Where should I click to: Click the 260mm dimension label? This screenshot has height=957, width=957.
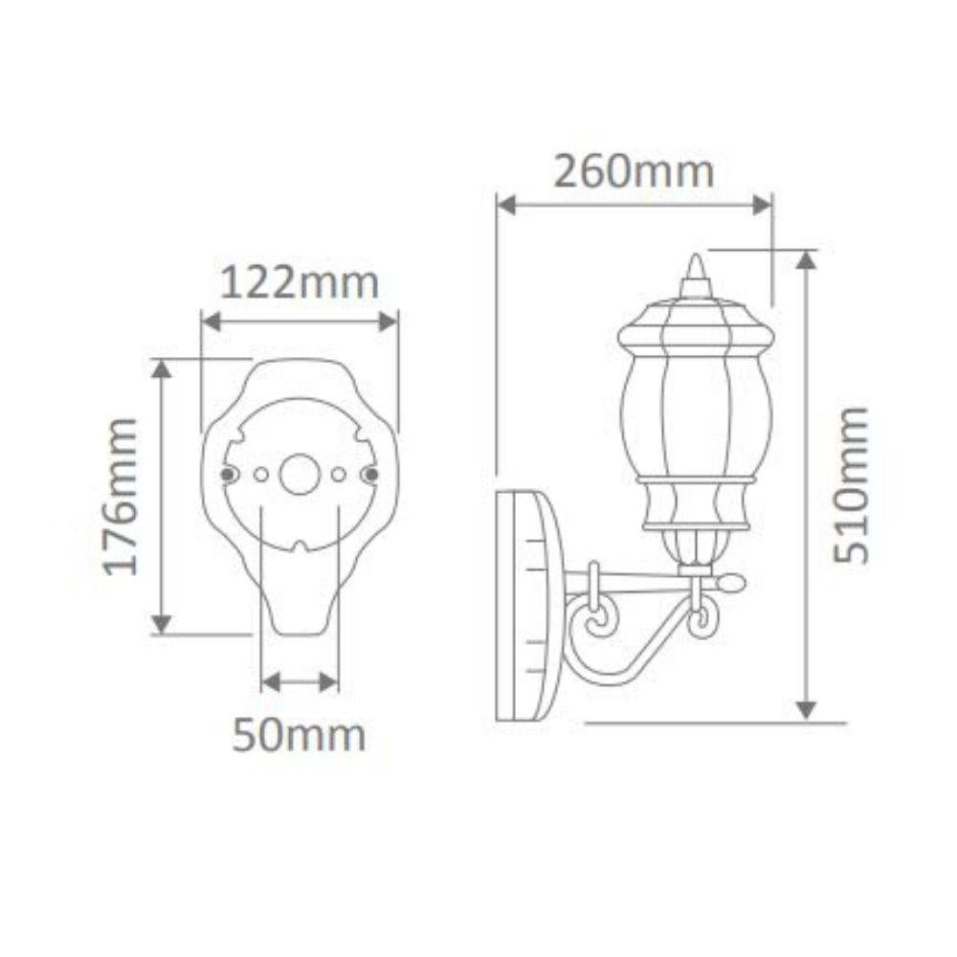(634, 172)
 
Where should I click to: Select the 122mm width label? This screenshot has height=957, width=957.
(300, 283)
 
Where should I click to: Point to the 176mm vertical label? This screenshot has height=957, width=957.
(122, 496)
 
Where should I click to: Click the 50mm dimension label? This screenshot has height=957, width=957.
(300, 736)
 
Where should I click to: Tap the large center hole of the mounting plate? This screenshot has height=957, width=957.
(300, 474)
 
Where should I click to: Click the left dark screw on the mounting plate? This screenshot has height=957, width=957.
(227, 474)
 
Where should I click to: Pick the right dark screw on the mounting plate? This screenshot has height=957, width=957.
(371, 474)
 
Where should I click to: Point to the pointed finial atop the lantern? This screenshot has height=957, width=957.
(696, 273)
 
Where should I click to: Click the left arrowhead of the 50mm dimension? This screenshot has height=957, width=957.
(269, 681)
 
